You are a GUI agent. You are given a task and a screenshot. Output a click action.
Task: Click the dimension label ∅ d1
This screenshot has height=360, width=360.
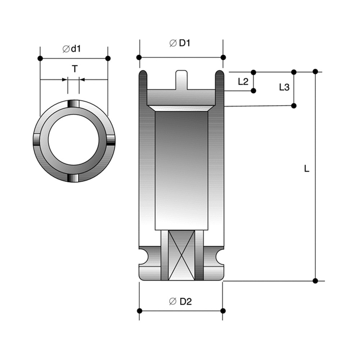pos(72,49)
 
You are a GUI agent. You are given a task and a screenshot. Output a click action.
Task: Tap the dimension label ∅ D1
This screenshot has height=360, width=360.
pos(180,43)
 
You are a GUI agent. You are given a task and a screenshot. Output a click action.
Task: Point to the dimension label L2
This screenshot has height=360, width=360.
pos(243,81)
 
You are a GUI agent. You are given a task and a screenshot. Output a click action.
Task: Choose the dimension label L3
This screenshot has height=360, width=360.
pos(284,87)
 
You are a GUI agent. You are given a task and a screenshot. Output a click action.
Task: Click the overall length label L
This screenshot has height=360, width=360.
pos(306,168)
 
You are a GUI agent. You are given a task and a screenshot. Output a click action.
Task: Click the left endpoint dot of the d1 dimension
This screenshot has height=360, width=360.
pos(40,58)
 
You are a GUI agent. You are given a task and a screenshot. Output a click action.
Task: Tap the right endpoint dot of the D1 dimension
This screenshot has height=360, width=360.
pos(223,57)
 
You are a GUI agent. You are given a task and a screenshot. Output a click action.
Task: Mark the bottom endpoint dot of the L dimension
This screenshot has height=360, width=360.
pos(315,281)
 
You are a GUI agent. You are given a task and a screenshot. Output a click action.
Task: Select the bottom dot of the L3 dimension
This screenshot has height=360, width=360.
pos(294,105)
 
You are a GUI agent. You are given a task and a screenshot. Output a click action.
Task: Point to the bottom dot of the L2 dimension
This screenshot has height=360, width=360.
pos(253,91)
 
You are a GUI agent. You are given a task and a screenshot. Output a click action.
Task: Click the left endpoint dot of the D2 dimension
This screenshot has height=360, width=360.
pos(139,311)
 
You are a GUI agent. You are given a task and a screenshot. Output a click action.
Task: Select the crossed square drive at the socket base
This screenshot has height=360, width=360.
pos(182,255)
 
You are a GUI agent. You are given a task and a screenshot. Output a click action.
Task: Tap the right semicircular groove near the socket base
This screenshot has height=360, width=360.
pos(219,257)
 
